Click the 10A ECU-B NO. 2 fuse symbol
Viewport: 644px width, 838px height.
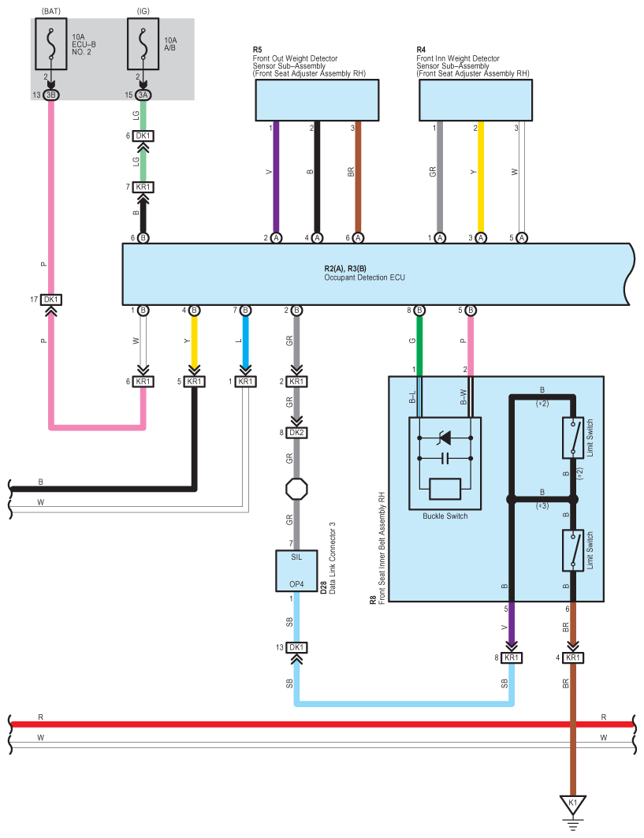[x=51, y=44]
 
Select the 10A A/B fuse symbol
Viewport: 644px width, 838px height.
[x=143, y=44]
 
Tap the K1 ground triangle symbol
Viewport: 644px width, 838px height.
[x=573, y=804]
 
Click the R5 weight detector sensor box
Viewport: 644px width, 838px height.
[x=317, y=100]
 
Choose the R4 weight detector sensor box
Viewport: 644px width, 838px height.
[x=475, y=100]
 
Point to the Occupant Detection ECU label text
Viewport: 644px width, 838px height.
[x=364, y=277]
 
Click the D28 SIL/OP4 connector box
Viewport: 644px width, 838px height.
[x=296, y=571]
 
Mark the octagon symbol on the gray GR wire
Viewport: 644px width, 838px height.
[x=296, y=489]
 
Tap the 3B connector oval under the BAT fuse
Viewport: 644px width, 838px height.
[x=51, y=95]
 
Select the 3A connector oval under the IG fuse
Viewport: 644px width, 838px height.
[x=143, y=95]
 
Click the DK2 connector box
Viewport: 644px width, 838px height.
[x=296, y=432]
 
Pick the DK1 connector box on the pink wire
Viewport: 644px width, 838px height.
[x=51, y=300]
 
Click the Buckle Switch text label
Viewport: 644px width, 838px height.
[x=445, y=516]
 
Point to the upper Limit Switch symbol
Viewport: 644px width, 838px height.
[x=573, y=438]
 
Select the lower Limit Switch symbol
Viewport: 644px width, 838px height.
[x=573, y=550]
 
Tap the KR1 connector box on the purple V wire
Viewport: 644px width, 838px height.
[x=512, y=658]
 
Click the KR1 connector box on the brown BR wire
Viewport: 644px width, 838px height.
[x=573, y=658]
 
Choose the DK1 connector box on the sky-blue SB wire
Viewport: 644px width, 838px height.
[x=296, y=648]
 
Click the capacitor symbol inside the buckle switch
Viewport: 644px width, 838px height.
[x=445, y=458]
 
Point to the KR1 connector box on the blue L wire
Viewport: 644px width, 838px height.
[x=245, y=382]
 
